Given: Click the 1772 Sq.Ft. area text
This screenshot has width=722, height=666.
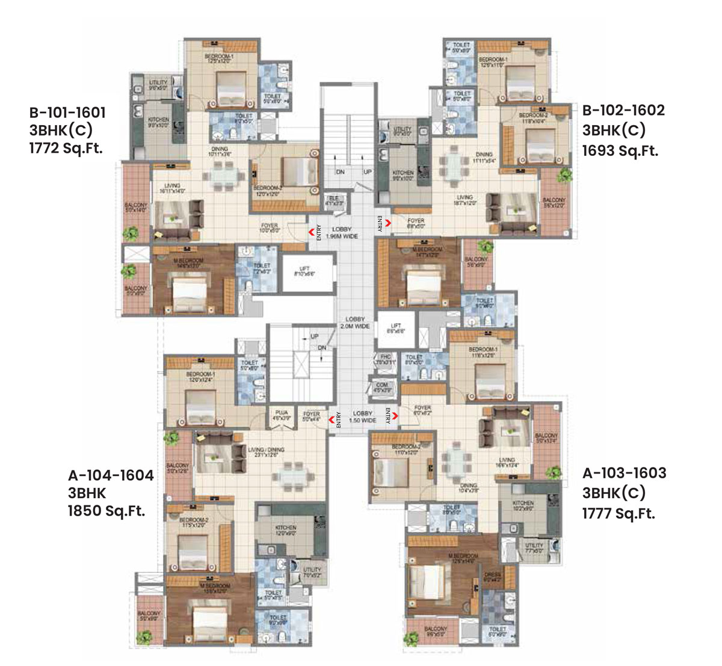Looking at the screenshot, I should [66, 149].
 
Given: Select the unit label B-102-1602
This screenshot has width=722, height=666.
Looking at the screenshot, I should [623, 110].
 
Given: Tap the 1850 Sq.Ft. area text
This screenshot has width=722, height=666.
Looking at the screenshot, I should [106, 512].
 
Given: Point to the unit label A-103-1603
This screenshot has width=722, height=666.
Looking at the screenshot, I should [624, 473].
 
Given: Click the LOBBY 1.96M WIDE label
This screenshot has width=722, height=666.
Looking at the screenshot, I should [341, 233].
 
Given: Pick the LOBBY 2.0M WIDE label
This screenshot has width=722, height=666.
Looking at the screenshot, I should [357, 322].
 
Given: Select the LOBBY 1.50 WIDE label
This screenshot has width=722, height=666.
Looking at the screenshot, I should [363, 417].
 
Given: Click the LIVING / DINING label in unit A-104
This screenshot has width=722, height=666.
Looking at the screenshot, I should [264, 452].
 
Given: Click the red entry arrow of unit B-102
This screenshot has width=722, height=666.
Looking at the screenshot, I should [388, 223].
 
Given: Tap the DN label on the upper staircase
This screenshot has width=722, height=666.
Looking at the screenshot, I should [340, 172].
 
